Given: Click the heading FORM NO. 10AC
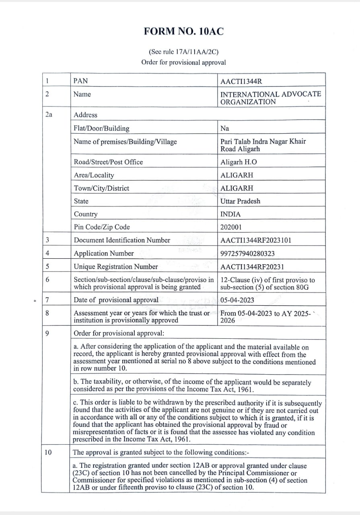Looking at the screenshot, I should click(x=183, y=32).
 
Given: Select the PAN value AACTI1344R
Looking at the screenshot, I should click(x=241, y=81).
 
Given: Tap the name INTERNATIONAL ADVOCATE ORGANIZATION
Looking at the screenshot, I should click(x=271, y=98).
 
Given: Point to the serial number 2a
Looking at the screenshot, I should click(x=48, y=115).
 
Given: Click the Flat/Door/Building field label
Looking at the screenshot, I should click(x=101, y=128).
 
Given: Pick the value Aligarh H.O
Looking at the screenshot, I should click(x=239, y=162).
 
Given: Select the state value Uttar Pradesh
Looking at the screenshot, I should click(x=240, y=201).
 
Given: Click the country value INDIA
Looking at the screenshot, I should click(x=230, y=214).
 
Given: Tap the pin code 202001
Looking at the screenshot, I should click(x=231, y=227).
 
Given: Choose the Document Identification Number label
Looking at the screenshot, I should click(x=122, y=240).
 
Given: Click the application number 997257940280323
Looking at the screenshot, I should click(x=248, y=253).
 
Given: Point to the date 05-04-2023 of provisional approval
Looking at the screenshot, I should click(x=237, y=300).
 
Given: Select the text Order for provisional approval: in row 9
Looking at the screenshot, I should click(x=119, y=333).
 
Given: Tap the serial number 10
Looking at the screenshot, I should click(x=48, y=452).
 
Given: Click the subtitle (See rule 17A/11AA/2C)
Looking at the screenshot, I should click(x=183, y=52).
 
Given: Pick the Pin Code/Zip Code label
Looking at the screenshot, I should click(x=102, y=227).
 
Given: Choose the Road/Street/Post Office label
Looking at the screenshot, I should click(x=108, y=162).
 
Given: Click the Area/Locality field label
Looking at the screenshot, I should click(x=94, y=175).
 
